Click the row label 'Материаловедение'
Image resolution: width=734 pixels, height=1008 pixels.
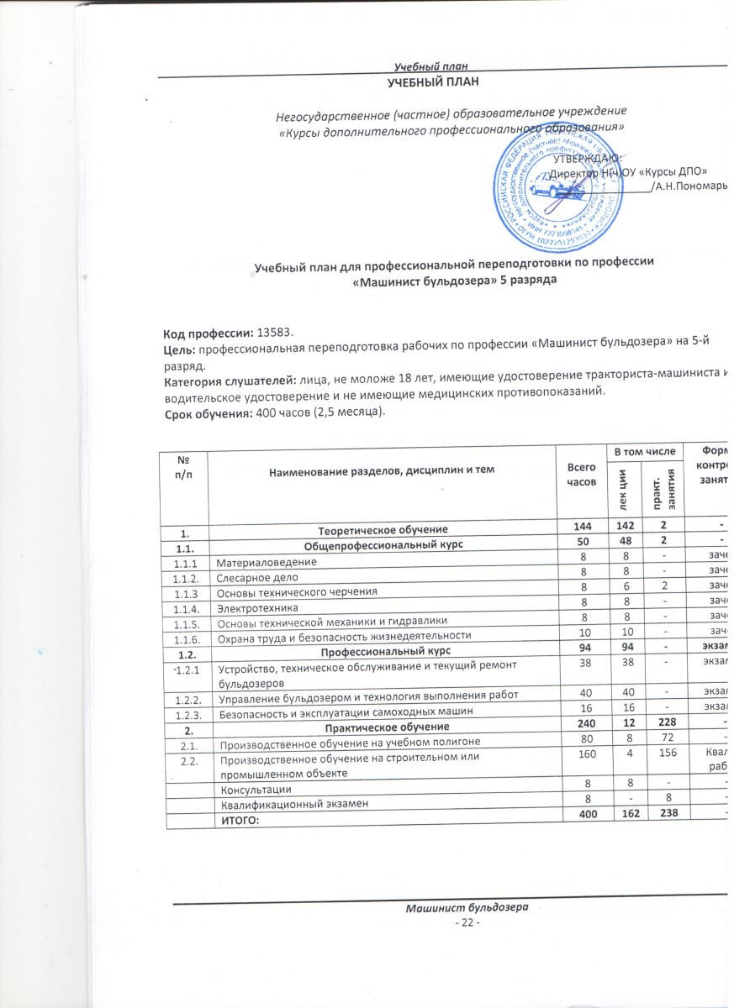pos(258,562)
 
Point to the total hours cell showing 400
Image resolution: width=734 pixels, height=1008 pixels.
pos(581,817)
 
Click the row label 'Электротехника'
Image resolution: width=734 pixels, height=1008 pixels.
pos(251,607)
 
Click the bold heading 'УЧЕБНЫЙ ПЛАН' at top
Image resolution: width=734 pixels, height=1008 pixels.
pos(434,81)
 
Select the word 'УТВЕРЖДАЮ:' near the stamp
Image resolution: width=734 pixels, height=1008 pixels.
pos(587,159)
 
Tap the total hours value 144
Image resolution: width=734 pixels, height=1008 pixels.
pos(581,529)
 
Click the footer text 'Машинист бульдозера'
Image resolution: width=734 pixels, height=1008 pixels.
pos(466,909)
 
